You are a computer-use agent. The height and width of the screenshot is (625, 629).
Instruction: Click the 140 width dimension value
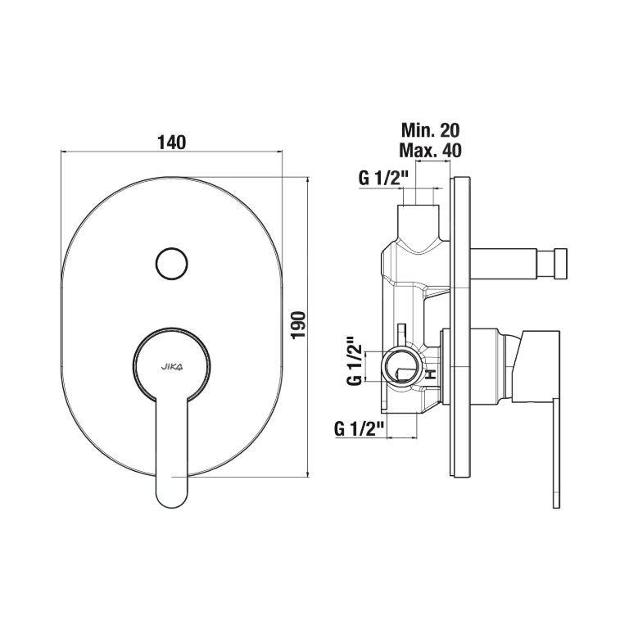tap(171, 142)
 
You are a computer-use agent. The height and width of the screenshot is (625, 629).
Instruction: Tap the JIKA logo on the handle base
tap(172, 366)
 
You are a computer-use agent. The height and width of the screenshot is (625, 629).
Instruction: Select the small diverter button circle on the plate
tap(172, 263)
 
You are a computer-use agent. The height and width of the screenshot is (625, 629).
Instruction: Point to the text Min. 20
tap(431, 130)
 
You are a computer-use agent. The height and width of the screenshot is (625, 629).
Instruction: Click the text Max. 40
tap(431, 151)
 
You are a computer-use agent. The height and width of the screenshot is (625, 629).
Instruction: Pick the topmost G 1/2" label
tap(380, 178)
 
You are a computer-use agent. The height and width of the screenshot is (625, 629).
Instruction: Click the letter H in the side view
tap(431, 374)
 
